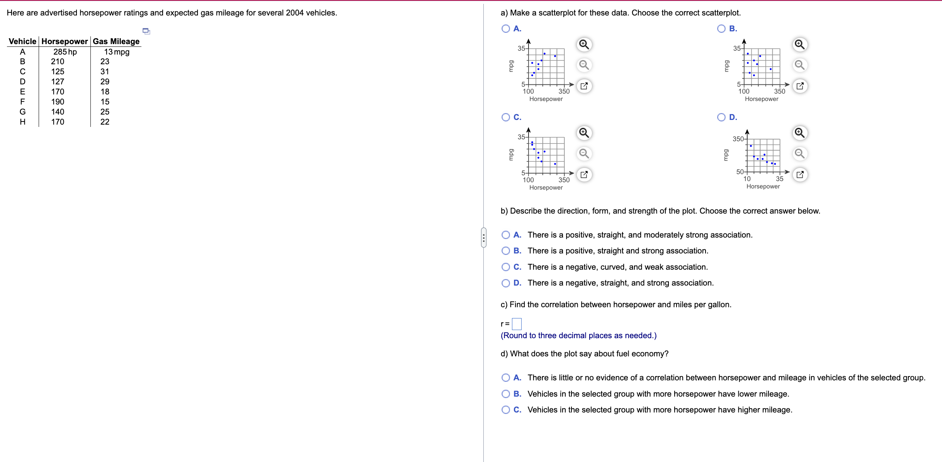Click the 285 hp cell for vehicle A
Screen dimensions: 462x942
[x=65, y=52]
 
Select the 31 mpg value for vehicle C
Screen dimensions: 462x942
[x=105, y=72]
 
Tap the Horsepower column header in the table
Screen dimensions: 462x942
[x=65, y=41]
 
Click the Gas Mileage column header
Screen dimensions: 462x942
[x=116, y=41]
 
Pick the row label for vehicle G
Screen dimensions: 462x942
[x=22, y=112]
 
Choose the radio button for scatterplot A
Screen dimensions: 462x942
[x=505, y=29]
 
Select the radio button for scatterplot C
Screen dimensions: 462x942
[x=505, y=117]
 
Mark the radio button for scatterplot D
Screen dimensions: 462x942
[x=721, y=117]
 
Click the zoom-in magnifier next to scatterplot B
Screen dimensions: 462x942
[x=799, y=45]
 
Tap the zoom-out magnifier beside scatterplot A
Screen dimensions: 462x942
[x=584, y=65]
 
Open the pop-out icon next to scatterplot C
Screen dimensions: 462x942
[x=584, y=175]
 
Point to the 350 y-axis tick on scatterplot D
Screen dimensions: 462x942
[x=738, y=139]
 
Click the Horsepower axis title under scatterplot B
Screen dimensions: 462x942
[x=761, y=99]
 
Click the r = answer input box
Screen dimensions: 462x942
[x=517, y=324]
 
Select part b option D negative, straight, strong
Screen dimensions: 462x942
[x=505, y=283]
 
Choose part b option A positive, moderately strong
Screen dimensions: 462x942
[x=505, y=235]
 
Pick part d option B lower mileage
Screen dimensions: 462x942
[x=505, y=394]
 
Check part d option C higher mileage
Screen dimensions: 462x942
[x=505, y=410]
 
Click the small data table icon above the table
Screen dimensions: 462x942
[x=146, y=31]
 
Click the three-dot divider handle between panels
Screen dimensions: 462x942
[x=483, y=238]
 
